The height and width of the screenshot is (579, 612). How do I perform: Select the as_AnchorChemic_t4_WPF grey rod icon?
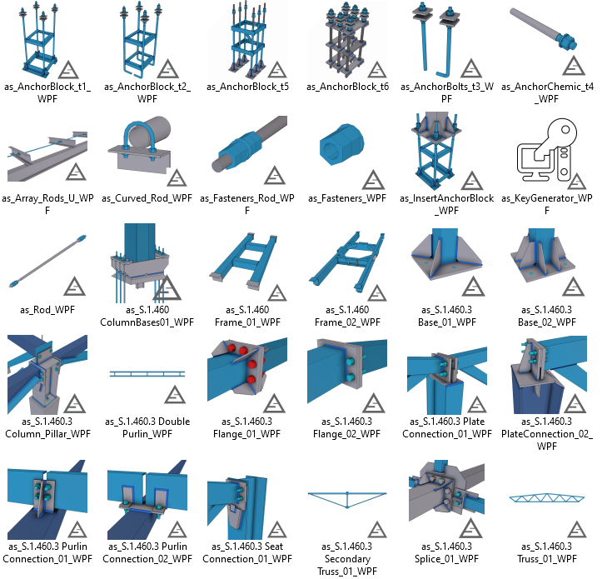(x=543, y=30)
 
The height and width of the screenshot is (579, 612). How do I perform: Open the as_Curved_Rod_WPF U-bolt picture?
(x=140, y=145)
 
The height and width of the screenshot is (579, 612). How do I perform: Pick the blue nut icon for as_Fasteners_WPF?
(x=342, y=144)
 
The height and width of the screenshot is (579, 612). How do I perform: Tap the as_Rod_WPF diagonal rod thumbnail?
(x=47, y=261)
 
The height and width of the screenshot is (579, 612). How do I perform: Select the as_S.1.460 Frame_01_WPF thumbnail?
(x=243, y=261)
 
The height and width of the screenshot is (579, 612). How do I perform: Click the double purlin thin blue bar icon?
(x=147, y=374)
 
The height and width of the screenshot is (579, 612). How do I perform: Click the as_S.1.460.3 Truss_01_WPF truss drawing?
(x=547, y=498)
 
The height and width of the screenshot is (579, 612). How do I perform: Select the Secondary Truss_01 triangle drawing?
(x=347, y=500)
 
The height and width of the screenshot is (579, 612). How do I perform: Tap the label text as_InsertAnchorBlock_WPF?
(x=447, y=204)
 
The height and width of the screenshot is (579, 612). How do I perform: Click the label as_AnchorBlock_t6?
(x=347, y=87)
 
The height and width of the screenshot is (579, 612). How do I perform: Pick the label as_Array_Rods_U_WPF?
(x=47, y=204)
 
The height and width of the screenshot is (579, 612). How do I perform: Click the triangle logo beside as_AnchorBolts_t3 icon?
(x=471, y=68)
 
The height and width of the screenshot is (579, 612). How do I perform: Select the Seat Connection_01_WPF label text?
(x=247, y=552)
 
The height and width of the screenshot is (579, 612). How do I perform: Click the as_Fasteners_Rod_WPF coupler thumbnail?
(x=249, y=144)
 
